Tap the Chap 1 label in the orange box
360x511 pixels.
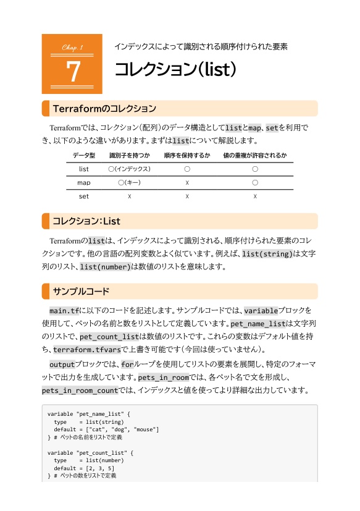pos(72,48)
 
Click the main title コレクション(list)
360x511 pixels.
pos(176,69)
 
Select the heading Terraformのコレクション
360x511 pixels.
pos(104,109)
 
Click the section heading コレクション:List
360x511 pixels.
pos(86,221)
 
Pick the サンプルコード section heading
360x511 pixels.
pos(81,291)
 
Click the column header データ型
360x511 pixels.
pos(84,155)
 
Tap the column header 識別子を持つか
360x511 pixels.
pos(129,155)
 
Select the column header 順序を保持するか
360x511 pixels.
pos(187,155)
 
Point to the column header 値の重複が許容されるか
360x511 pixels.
pos(255,155)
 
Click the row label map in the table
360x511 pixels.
pos(84,183)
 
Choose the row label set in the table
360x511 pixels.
pos(84,196)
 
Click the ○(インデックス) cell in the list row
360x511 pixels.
pos(129,169)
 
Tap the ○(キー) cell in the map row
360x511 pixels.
pos(129,183)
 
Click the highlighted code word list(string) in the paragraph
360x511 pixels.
pos(268,254)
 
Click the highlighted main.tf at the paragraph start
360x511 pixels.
pos(64,310)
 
